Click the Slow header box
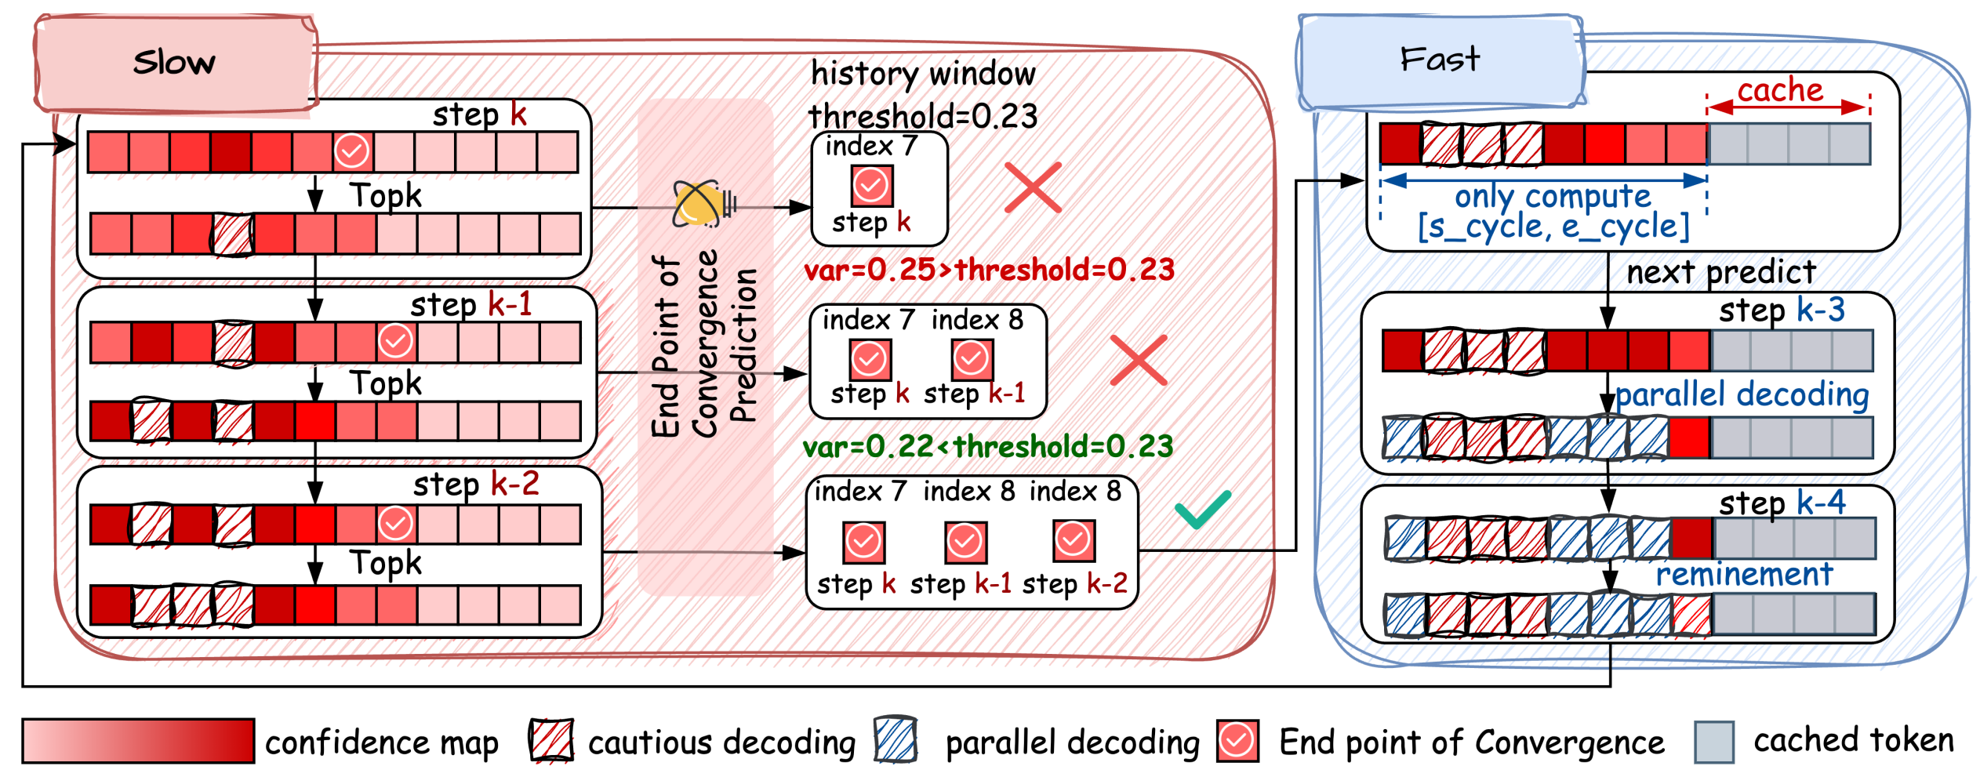click(175, 62)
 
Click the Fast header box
click(1440, 60)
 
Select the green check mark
click(1202, 510)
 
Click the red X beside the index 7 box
click(1033, 187)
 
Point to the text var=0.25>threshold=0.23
click(989, 270)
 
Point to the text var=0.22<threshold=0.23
click(987, 446)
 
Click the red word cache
click(1780, 90)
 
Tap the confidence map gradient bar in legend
click(138, 740)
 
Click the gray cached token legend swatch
click(1713, 742)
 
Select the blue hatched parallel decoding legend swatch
click(896, 739)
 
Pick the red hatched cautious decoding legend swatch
click(550, 740)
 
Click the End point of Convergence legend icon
click(1237, 740)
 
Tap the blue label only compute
click(1553, 196)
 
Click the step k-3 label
click(1782, 310)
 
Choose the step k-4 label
click(1782, 503)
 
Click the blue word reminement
click(1744, 575)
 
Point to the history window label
click(923, 74)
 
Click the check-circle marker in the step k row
click(352, 151)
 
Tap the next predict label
click(1720, 272)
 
